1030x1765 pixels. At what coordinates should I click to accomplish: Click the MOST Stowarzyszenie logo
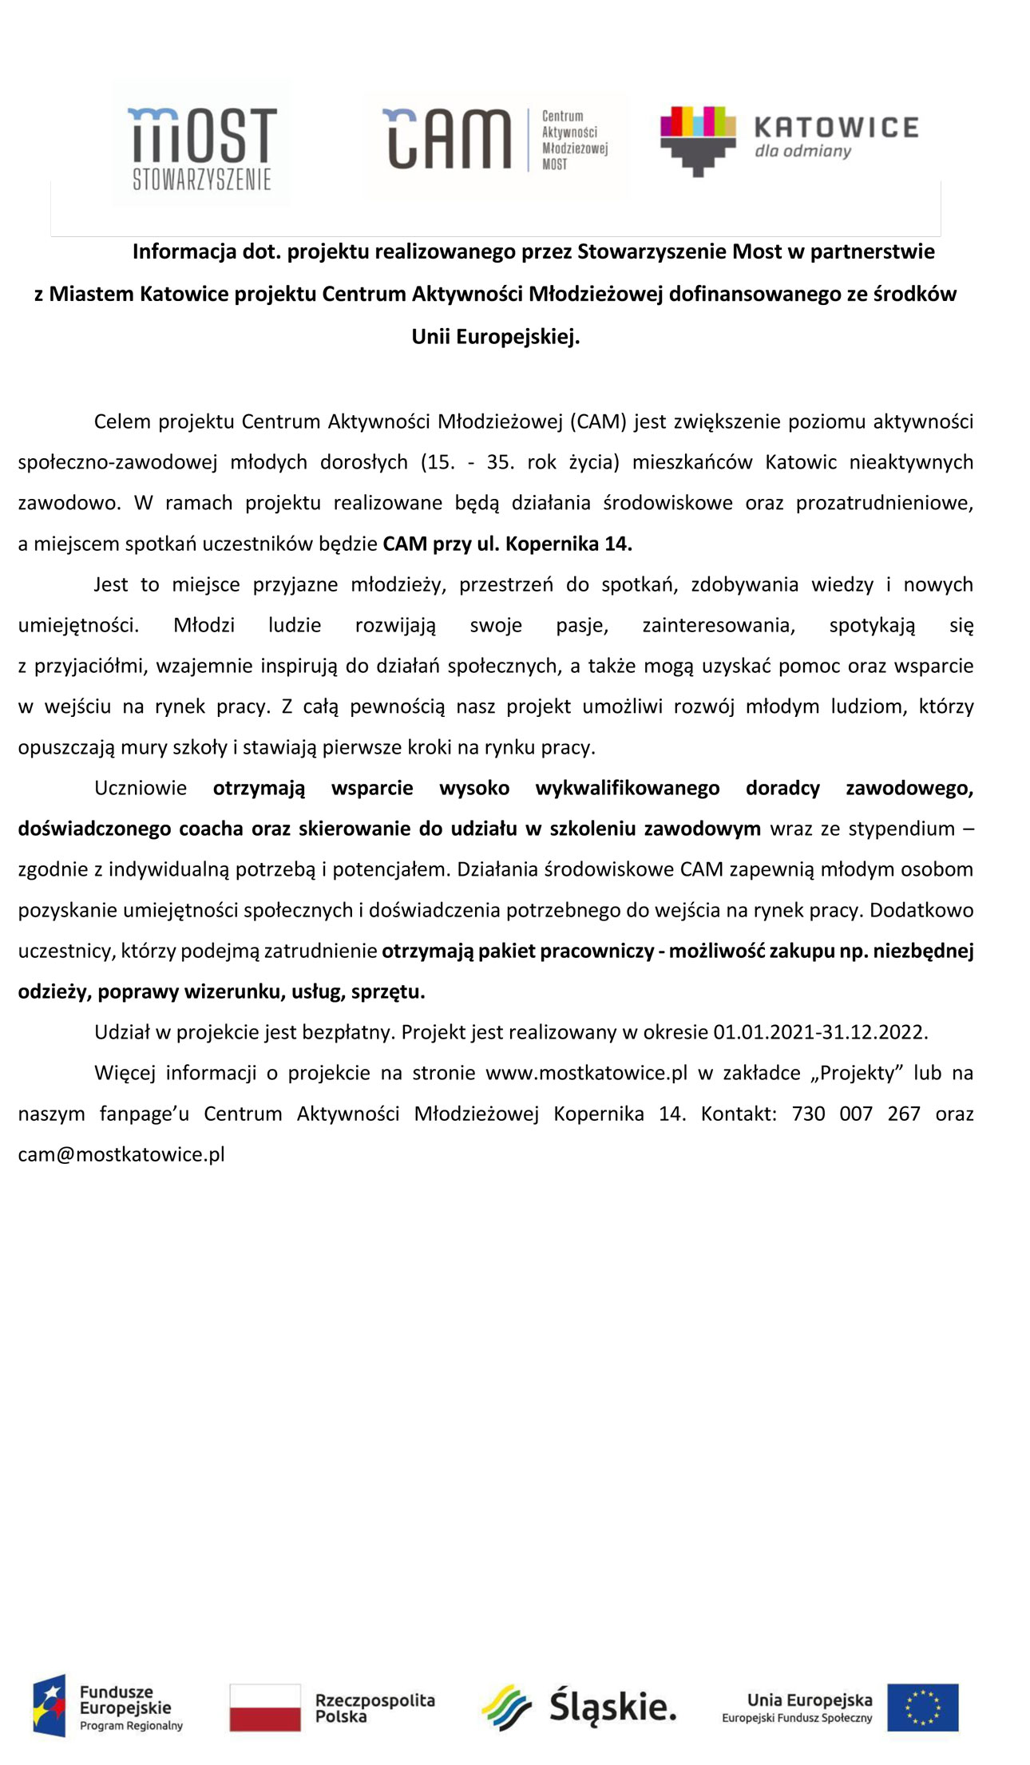[x=201, y=147]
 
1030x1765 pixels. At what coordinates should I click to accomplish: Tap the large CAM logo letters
[x=448, y=139]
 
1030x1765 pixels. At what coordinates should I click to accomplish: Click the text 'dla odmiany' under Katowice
[x=802, y=151]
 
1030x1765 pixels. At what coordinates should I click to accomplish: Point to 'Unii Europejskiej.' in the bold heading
[x=495, y=337]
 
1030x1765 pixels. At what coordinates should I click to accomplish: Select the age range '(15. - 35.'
[x=467, y=462]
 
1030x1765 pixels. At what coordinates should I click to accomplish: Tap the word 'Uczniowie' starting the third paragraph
[x=141, y=788]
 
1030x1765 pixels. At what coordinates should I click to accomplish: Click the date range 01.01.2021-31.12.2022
[x=820, y=1032]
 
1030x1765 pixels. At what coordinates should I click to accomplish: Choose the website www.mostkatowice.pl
[x=586, y=1073]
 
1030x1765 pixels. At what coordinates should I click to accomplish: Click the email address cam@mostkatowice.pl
[x=121, y=1154]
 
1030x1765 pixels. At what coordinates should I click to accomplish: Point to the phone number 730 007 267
[x=856, y=1114]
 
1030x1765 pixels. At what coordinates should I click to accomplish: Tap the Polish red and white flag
[x=265, y=1708]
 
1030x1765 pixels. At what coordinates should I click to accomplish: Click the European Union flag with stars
[x=922, y=1708]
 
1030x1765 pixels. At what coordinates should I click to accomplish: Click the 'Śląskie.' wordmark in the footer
[x=612, y=1706]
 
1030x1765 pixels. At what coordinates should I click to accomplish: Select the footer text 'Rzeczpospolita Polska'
[x=374, y=1708]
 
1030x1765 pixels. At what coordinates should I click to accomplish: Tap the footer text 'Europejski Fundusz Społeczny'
[x=797, y=1718]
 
